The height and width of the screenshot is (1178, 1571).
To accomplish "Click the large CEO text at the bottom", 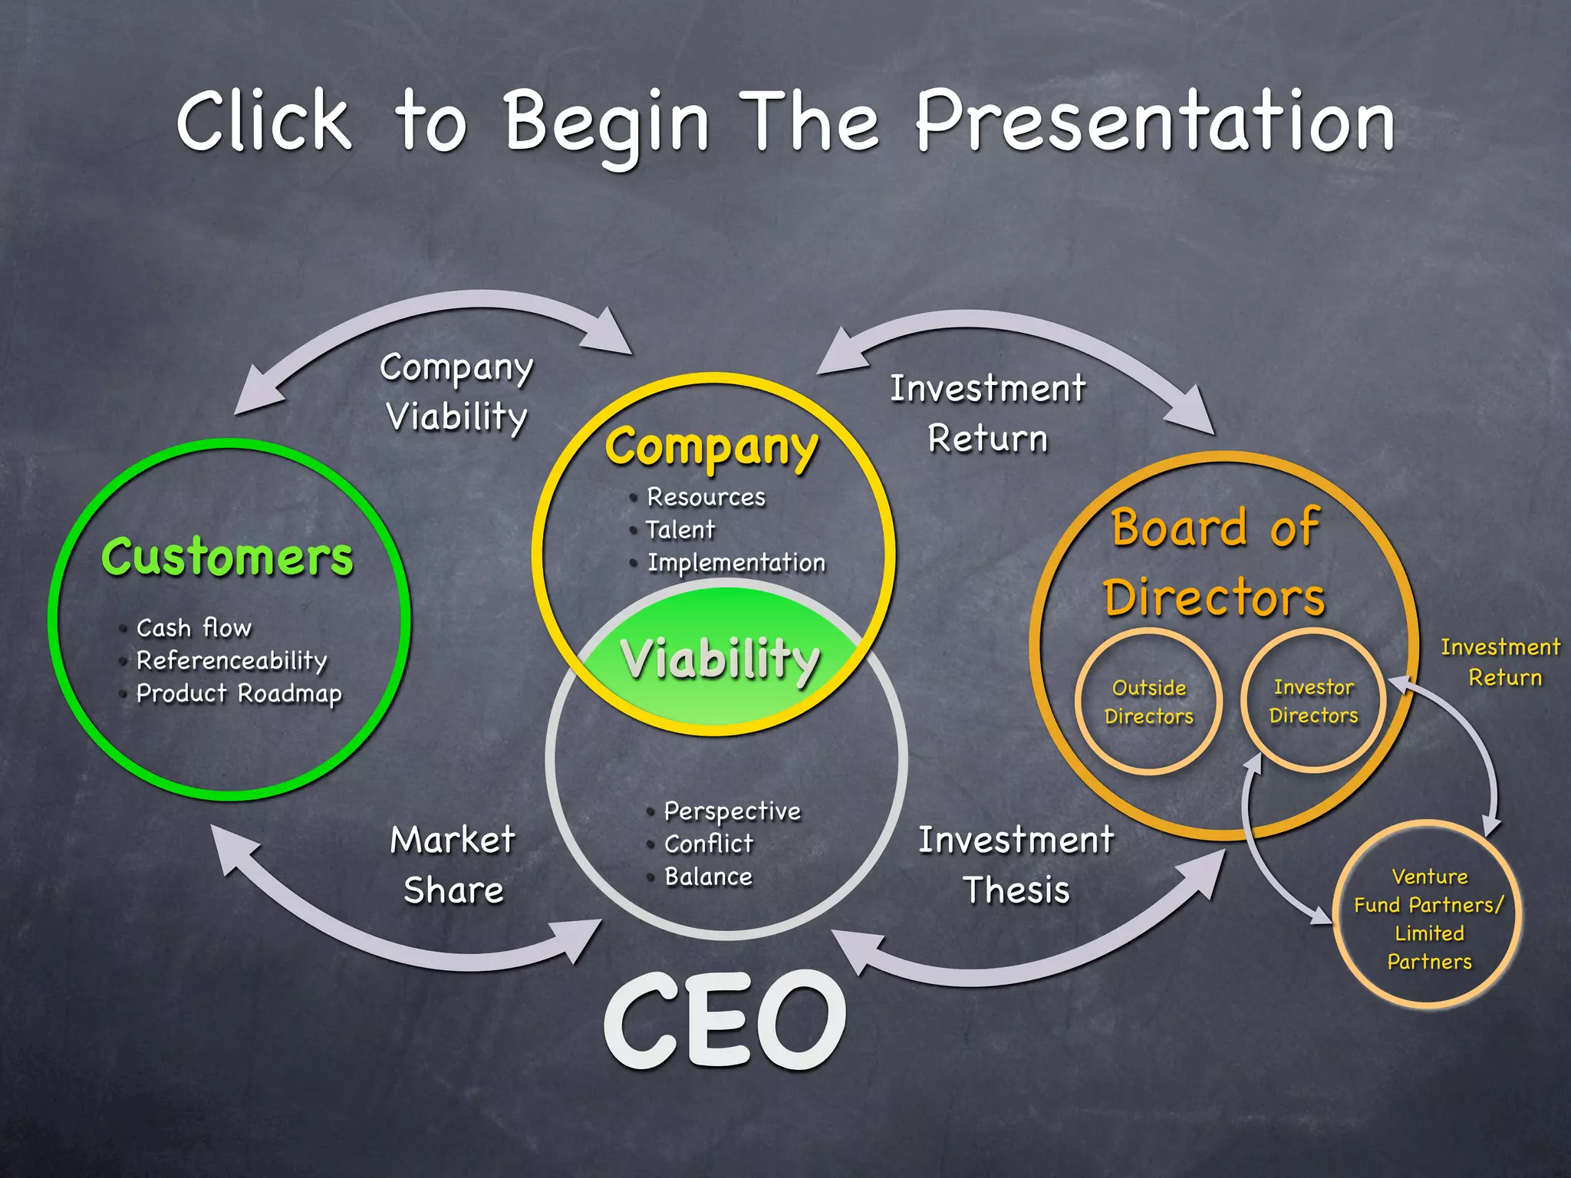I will [725, 1020].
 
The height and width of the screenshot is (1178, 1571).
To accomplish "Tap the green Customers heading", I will [227, 557].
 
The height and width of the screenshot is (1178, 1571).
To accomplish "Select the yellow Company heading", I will [712, 448].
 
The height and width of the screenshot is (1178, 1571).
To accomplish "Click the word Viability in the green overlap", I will [720, 660].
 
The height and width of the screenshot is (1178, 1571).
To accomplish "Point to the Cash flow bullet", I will [193, 628].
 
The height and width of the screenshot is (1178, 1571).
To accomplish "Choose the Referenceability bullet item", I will [232, 660].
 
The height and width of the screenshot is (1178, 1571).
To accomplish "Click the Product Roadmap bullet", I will [239, 693].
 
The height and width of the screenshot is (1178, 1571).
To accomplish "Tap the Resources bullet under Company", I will [706, 497].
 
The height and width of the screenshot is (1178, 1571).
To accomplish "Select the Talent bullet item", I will [680, 530].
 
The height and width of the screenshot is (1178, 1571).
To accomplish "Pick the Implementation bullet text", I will [736, 563].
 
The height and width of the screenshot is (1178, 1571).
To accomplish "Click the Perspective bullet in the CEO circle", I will [732, 811].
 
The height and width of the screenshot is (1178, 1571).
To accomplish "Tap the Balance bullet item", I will [708, 877].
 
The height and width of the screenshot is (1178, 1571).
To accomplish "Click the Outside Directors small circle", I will [1148, 702].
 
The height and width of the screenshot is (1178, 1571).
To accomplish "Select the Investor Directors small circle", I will [1313, 701].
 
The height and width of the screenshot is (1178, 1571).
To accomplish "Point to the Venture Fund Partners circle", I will [1428, 918].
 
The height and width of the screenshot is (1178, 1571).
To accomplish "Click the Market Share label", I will [453, 864].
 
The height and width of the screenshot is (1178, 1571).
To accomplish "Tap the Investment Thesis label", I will [1016, 864].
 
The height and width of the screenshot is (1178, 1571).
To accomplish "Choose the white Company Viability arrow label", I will [457, 392].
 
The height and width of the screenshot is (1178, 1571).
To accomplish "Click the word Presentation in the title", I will [1154, 121].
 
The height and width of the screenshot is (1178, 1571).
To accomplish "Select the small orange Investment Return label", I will [1501, 662].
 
